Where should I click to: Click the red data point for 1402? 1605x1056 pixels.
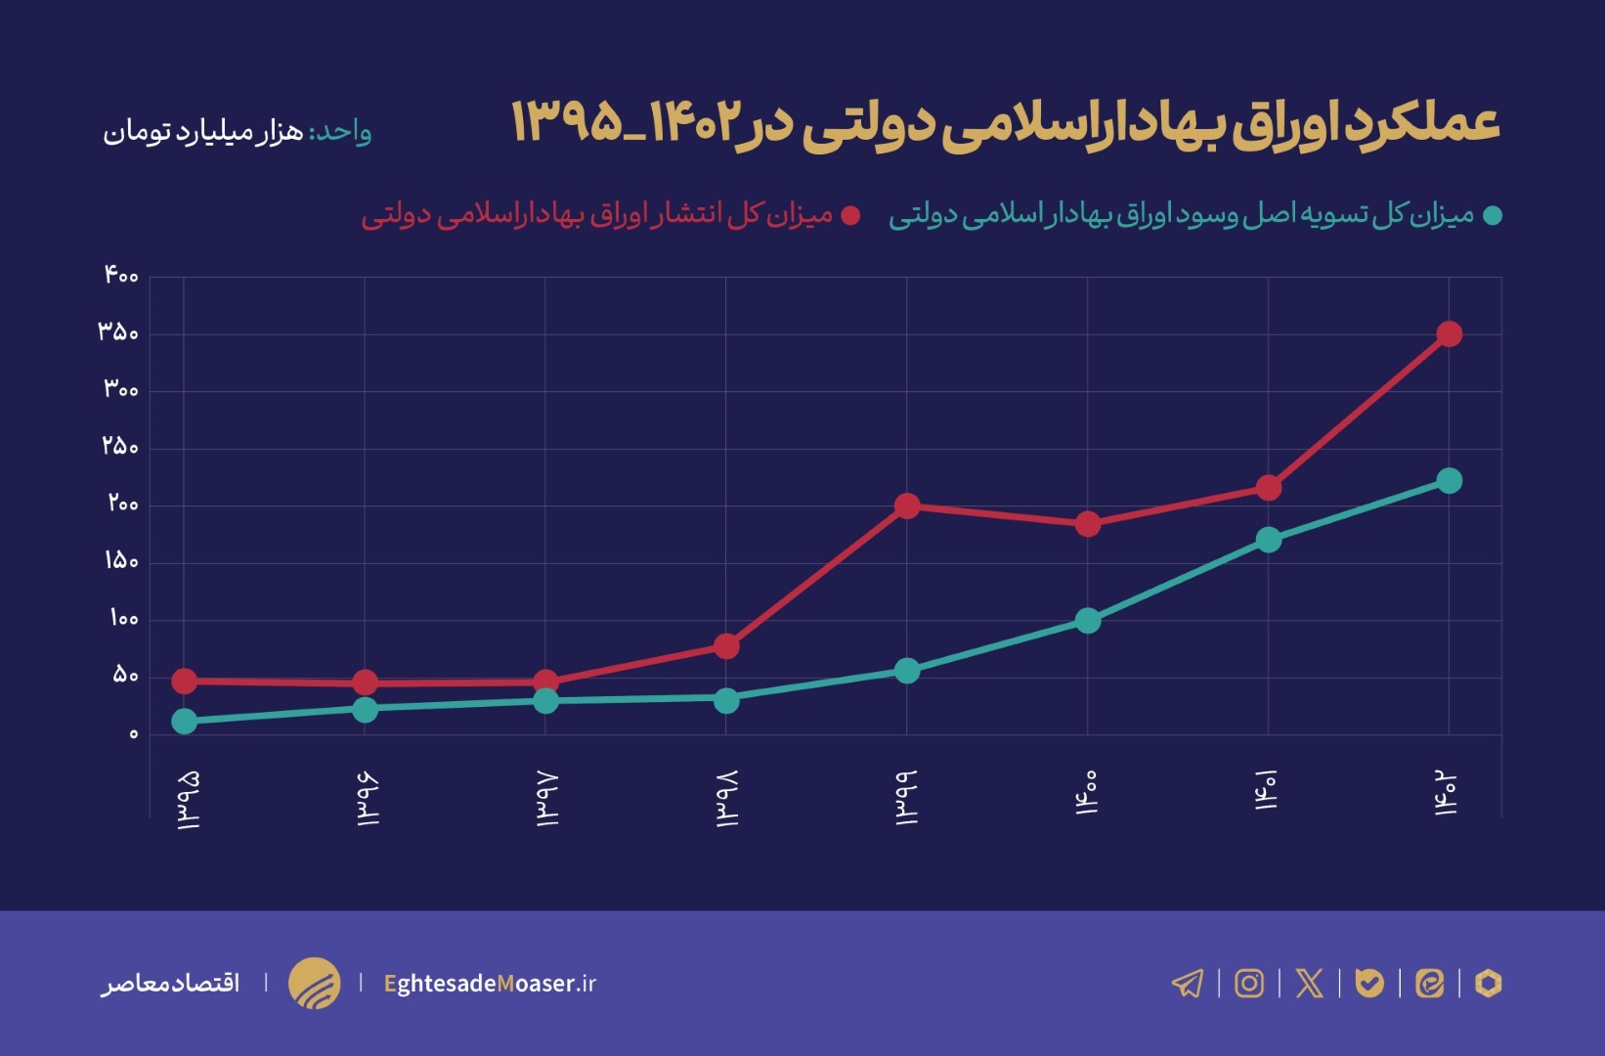(x=1449, y=334)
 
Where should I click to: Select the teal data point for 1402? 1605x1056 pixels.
(x=1449, y=481)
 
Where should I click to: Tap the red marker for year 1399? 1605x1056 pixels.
(x=907, y=506)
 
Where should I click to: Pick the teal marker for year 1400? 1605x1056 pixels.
(x=1088, y=621)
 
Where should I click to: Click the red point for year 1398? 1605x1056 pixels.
(x=726, y=646)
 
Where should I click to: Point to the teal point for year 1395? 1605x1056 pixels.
(x=184, y=722)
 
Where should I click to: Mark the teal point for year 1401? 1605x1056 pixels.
(x=1269, y=540)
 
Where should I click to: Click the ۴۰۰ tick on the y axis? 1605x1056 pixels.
(x=122, y=276)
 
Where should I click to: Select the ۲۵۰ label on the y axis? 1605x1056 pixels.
(x=121, y=447)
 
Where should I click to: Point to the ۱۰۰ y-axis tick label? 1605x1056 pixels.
(x=124, y=619)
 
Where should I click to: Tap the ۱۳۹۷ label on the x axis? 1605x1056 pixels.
(x=547, y=799)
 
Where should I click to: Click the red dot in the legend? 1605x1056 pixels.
(x=850, y=216)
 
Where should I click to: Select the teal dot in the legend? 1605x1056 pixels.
(x=1492, y=216)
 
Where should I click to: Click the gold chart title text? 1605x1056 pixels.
(x=1005, y=124)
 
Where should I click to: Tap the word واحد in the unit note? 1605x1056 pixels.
(x=342, y=131)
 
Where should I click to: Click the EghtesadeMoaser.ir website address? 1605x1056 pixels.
(x=490, y=984)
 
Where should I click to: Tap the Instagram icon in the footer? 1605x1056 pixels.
(x=1248, y=983)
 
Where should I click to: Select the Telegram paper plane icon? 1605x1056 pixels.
(x=1188, y=983)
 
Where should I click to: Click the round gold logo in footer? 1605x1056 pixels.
(x=315, y=983)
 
